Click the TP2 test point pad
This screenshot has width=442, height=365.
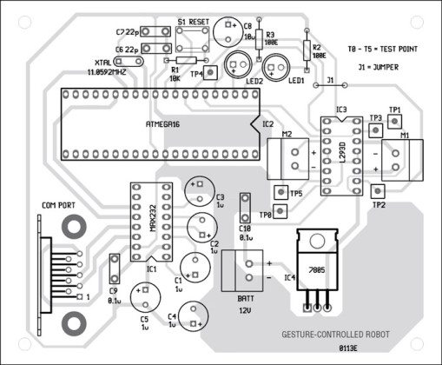click(x=378, y=194)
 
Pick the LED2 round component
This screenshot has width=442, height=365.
click(x=237, y=63)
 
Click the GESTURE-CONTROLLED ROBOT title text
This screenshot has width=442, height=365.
click(x=337, y=333)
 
